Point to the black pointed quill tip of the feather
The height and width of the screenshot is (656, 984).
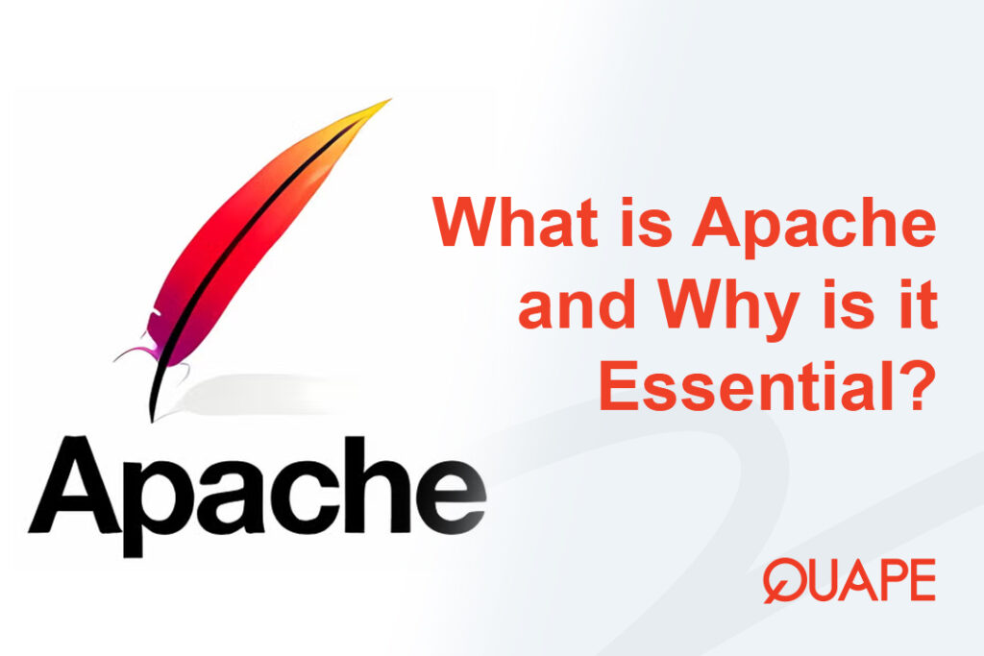pos(152,411)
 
